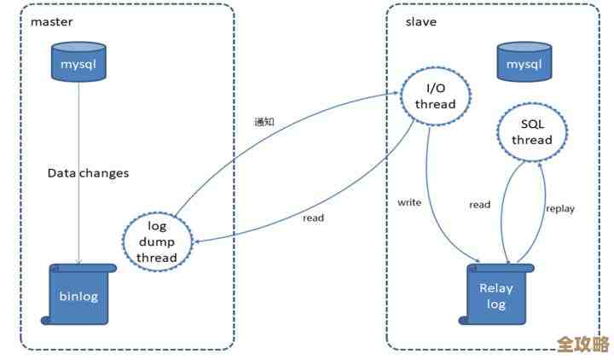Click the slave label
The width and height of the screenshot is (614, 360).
tap(420, 21)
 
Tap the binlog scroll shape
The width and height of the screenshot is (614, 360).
tap(79, 294)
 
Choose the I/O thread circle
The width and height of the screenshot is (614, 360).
tap(435, 96)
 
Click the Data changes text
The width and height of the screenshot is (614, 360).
tap(88, 173)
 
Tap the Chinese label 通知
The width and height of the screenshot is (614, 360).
tap(264, 121)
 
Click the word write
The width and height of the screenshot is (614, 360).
tap(409, 202)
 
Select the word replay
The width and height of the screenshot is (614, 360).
tap(559, 207)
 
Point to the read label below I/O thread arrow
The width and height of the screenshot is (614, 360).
tap(313, 218)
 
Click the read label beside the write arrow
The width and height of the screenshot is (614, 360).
tap(479, 205)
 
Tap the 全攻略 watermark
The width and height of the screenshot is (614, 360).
tap(583, 345)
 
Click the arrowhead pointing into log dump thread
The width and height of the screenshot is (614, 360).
tap(195, 241)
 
